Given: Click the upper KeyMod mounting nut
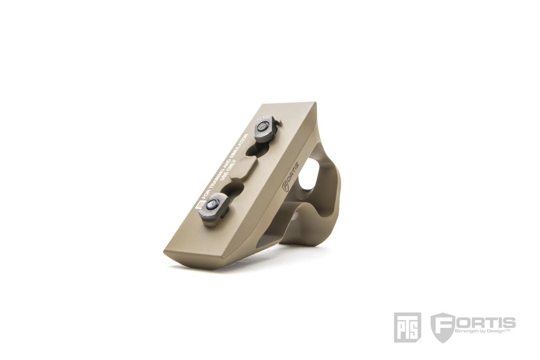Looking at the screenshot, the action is (x=266, y=130).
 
